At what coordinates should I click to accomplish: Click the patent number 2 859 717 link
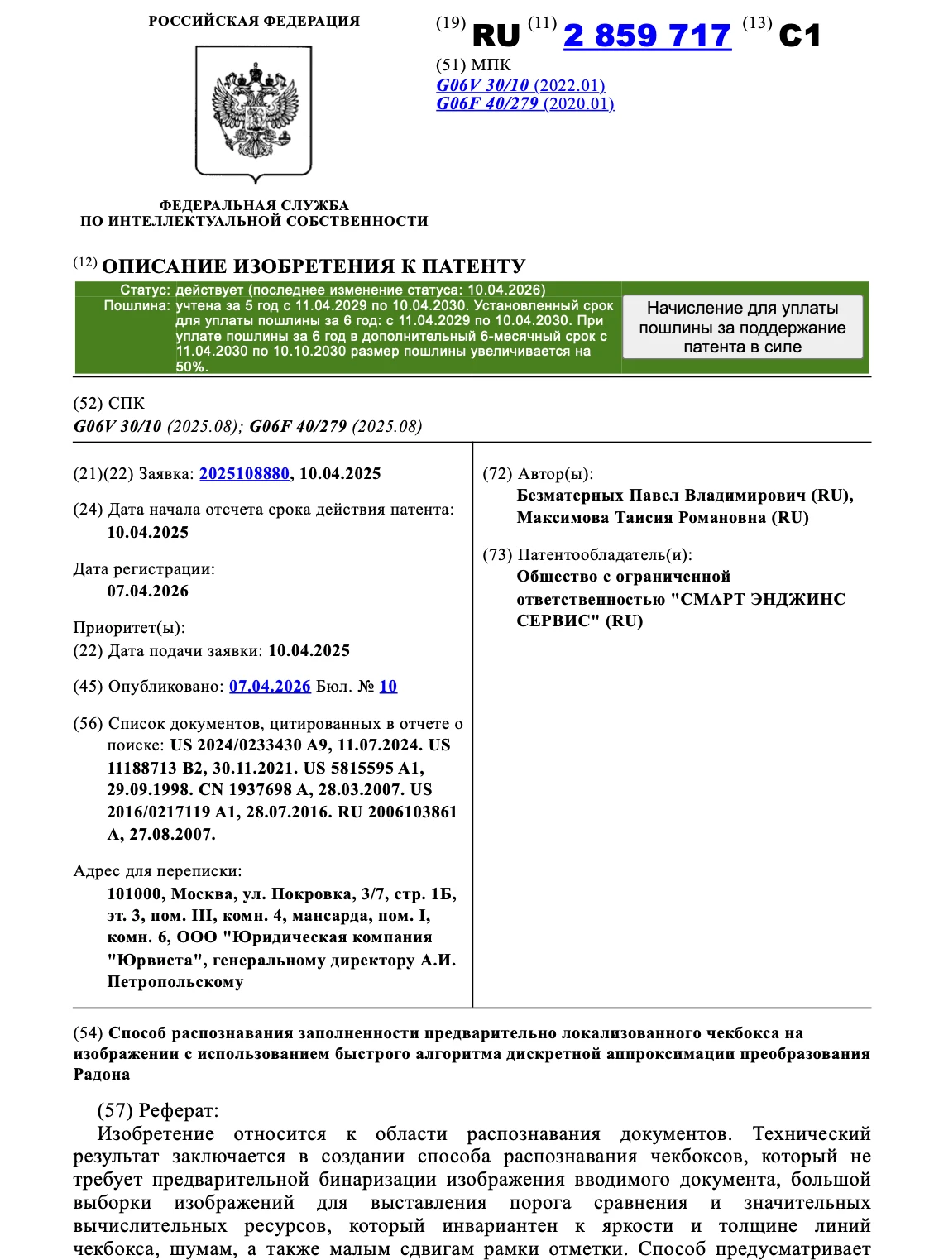pos(647,36)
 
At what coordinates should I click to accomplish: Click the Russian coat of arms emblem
pos(254,112)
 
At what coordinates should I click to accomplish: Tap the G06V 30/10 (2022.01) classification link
pos(520,85)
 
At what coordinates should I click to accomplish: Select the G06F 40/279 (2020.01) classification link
pos(525,103)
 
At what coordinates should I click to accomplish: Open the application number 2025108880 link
pos(244,474)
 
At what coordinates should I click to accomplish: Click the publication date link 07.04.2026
pos(270,687)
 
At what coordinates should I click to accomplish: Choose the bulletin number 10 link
pos(388,687)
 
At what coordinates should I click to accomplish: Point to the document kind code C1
pos(799,36)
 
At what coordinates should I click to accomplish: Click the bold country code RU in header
pos(496,36)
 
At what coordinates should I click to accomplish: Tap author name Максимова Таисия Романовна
pos(662,518)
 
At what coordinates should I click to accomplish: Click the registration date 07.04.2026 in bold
pos(148,592)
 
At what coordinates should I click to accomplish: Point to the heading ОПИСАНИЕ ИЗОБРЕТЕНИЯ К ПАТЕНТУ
pos(314,266)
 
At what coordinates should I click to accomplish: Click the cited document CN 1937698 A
pos(253,790)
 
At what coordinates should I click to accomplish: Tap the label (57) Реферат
pos(158,1110)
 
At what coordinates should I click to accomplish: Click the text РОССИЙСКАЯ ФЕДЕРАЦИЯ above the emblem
pos(254,22)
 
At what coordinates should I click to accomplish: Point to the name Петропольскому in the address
pos(175,983)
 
